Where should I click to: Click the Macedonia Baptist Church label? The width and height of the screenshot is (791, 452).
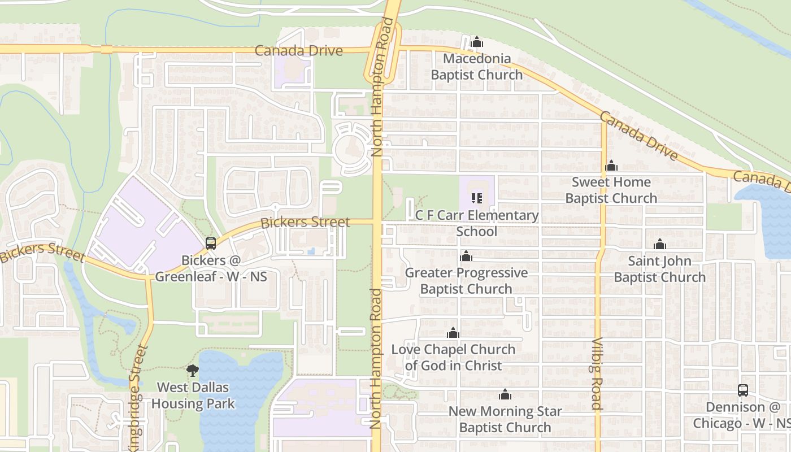tap(477, 67)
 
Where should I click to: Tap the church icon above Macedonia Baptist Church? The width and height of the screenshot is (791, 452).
tap(477, 42)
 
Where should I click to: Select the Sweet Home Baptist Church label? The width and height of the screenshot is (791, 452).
tap(611, 190)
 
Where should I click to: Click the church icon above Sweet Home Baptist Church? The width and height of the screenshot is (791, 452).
tap(611, 166)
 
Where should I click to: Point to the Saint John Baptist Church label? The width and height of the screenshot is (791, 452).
tap(659, 270)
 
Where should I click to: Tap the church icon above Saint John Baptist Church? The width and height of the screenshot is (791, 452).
tap(659, 244)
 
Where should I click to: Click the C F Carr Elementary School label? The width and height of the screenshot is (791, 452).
tap(477, 223)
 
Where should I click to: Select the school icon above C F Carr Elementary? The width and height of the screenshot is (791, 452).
tap(477, 198)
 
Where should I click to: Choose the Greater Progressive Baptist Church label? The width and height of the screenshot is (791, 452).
tap(466, 281)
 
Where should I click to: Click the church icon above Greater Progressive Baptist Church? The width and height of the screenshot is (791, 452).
tap(466, 257)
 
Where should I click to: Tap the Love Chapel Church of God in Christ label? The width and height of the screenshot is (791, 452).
tap(453, 358)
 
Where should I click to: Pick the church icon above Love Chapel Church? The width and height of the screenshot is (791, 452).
tap(453, 333)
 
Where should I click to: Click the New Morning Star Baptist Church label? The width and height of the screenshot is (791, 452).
tap(505, 419)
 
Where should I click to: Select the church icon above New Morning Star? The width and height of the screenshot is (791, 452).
tap(505, 394)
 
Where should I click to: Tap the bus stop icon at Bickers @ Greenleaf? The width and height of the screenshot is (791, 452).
tap(211, 244)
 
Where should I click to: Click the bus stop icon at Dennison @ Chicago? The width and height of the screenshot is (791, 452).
tap(743, 390)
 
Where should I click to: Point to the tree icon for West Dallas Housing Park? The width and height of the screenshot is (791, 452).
tap(193, 371)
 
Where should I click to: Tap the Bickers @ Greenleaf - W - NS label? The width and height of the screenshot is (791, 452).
tap(211, 268)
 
